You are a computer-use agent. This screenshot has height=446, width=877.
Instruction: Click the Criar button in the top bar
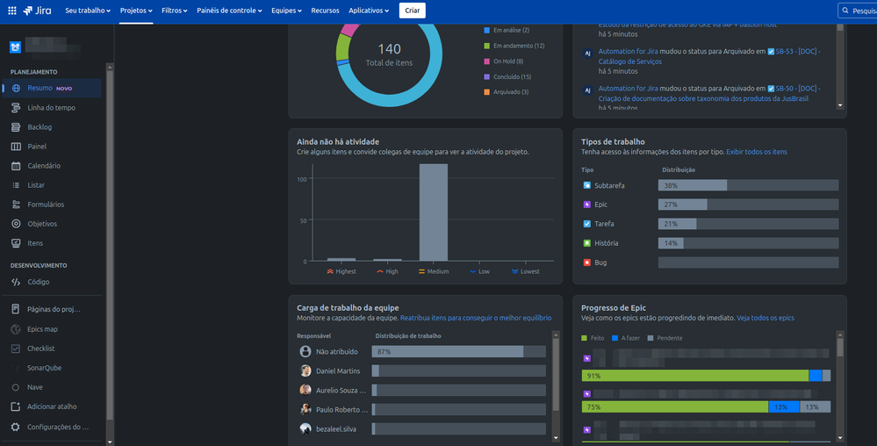pos(412,11)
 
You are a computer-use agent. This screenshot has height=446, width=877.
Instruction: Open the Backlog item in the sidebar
pos(40,127)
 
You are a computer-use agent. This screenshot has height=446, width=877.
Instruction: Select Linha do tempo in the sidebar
pos(51,108)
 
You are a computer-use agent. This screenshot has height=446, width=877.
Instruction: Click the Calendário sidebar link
pos(44,166)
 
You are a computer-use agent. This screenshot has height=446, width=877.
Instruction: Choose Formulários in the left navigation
pos(46,205)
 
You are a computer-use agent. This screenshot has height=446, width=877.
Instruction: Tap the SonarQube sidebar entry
pos(44,368)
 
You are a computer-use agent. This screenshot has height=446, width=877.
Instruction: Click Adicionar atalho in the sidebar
pos(52,406)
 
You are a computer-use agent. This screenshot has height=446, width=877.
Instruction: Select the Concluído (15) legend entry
pos(513,76)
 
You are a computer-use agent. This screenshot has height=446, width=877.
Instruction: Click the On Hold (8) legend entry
pos(508,61)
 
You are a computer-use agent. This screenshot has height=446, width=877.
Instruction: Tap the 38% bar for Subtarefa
pos(693,185)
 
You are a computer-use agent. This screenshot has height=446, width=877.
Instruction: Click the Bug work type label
pos(600,263)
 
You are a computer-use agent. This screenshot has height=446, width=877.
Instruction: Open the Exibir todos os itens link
pos(756,152)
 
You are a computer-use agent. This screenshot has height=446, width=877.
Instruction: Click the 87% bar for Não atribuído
pos(448,351)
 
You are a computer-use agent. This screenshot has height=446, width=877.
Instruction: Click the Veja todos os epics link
pos(765,318)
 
